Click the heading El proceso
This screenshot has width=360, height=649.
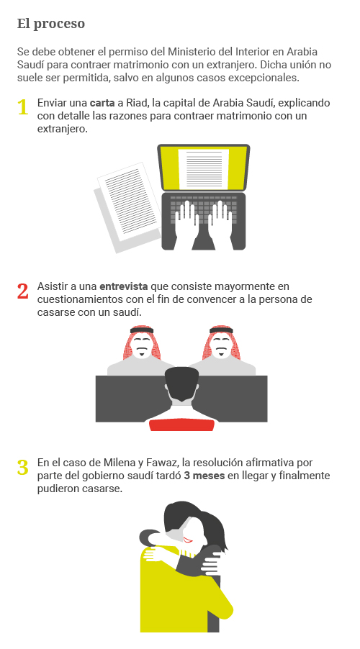pyautogui.click(x=51, y=24)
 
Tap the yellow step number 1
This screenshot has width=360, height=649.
pyautogui.click(x=23, y=108)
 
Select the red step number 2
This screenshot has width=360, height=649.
pyautogui.click(x=23, y=291)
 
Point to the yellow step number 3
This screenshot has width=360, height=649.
pyautogui.click(x=23, y=467)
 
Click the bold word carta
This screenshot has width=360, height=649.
pyautogui.click(x=102, y=103)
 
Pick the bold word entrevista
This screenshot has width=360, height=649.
pyautogui.click(x=123, y=286)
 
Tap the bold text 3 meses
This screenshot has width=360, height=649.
pyautogui.click(x=204, y=476)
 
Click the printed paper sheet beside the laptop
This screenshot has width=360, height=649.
pyautogui.click(x=128, y=201)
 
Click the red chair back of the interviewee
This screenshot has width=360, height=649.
pyautogui.click(x=181, y=425)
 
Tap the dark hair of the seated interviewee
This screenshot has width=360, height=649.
pyautogui.click(x=181, y=381)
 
